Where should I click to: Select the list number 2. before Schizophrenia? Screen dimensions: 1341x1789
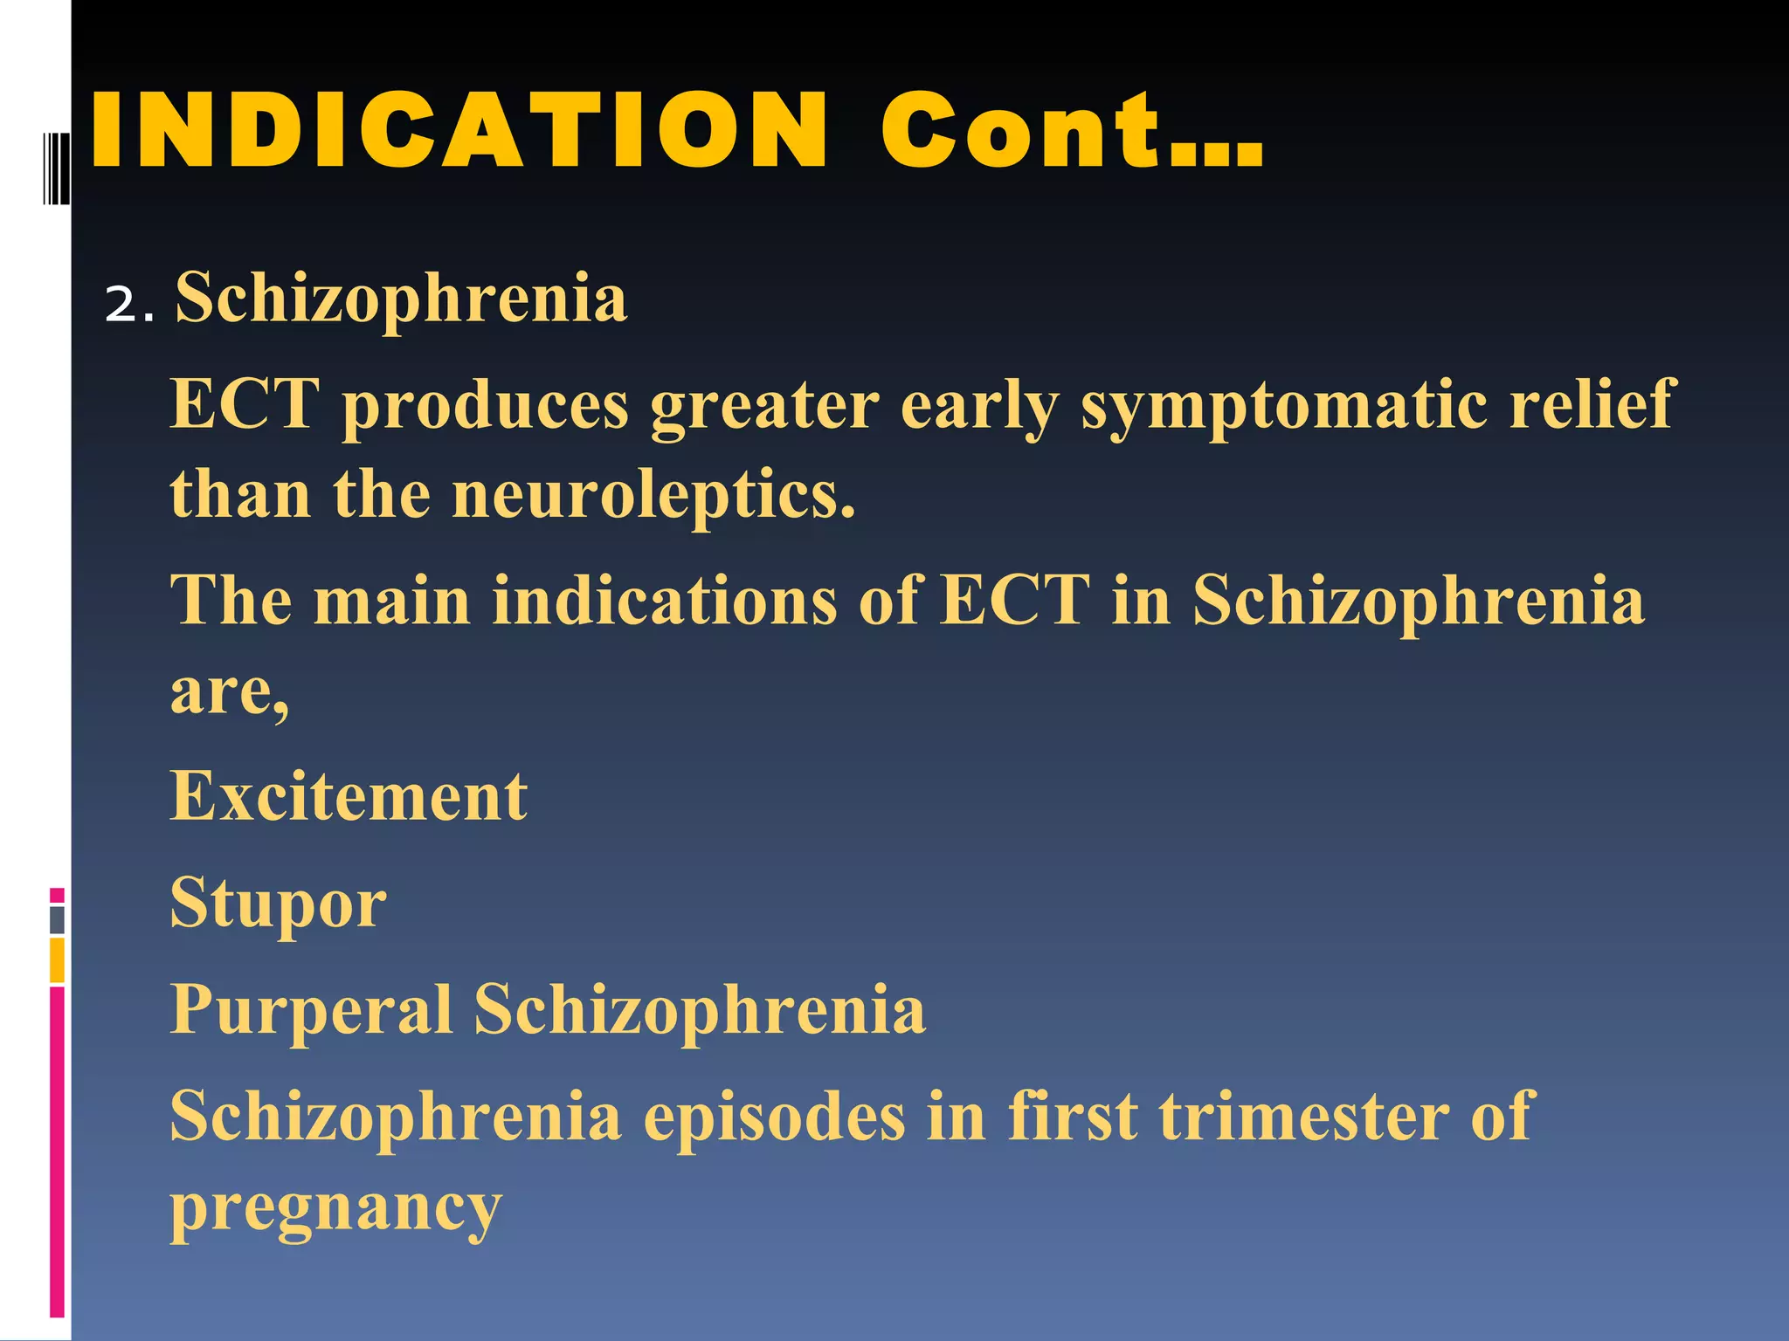pos(129,306)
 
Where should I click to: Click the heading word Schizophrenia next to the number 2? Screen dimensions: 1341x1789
pos(401,299)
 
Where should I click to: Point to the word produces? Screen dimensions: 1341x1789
pos(486,406)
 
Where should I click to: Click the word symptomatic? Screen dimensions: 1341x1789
pos(1284,406)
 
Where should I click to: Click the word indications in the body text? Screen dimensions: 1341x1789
pos(664,601)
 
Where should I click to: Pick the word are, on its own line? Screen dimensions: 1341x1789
pos(229,692)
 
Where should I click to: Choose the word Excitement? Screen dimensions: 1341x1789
pos(349,796)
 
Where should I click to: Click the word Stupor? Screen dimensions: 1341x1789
pos(278,904)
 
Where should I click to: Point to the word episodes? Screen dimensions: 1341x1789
pos(774,1117)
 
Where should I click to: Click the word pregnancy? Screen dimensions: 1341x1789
pos(335,1209)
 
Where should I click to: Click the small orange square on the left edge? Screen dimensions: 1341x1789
pos(57,960)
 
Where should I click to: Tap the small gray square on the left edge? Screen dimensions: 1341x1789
pos(57,919)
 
